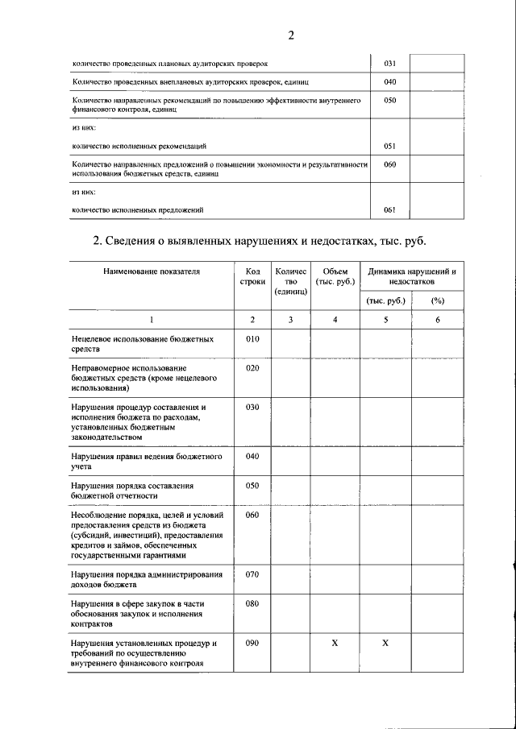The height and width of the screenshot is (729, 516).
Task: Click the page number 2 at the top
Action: click(291, 34)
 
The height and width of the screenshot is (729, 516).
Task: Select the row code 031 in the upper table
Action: click(389, 63)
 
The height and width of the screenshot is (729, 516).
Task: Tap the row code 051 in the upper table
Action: click(389, 146)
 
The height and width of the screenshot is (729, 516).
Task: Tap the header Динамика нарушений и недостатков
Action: click(412, 277)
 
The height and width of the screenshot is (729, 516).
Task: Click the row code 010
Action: click(252, 339)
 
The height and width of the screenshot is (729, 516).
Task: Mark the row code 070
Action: click(252, 574)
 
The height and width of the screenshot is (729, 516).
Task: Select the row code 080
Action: click(252, 603)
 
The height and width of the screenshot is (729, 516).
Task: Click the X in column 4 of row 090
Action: click(335, 643)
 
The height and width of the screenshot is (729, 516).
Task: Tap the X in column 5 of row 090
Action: click(385, 643)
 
